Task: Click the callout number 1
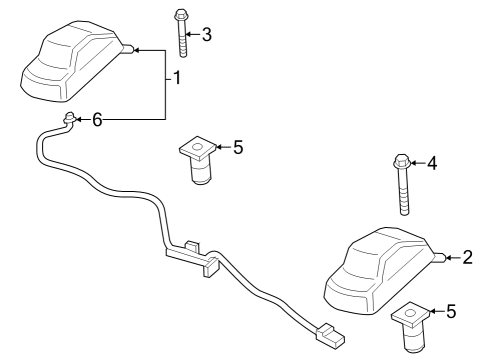pos(176,79)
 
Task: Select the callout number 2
pos(467,259)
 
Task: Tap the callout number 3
pos(207,35)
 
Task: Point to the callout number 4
pos(432,162)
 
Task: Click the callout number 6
pos(97,120)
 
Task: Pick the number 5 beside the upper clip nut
pos(237,148)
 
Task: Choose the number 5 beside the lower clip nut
pos(451,312)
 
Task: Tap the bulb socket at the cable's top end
pos(69,121)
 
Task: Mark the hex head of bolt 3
pos(181,15)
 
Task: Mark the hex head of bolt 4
pos(401,160)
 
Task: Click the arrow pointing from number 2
pos(451,259)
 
